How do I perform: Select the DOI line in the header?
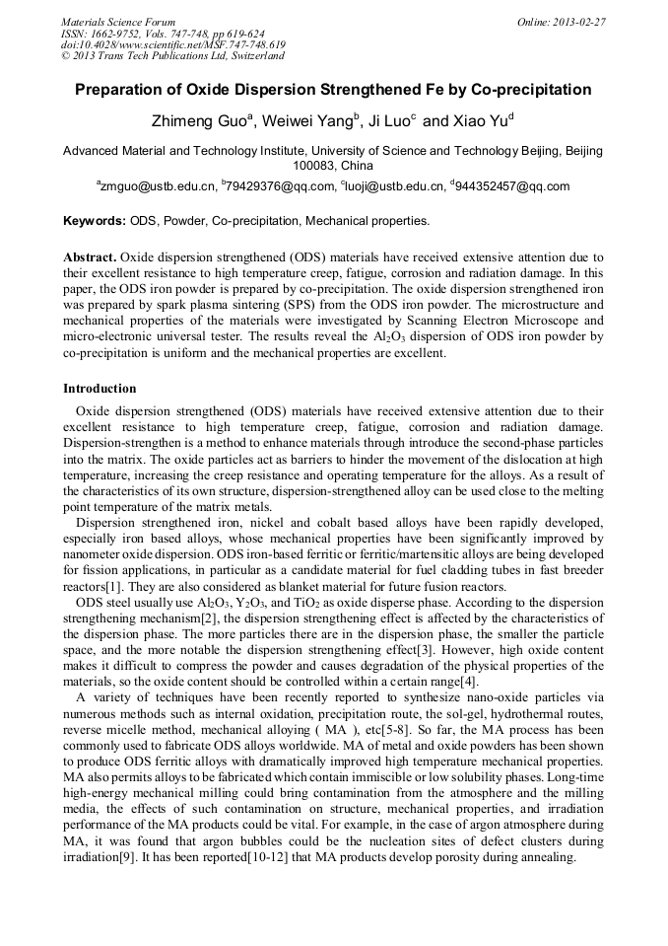coord(172,44)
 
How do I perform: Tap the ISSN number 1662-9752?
coord(122,33)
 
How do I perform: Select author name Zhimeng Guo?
coord(200,122)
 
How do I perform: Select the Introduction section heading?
coord(100,389)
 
